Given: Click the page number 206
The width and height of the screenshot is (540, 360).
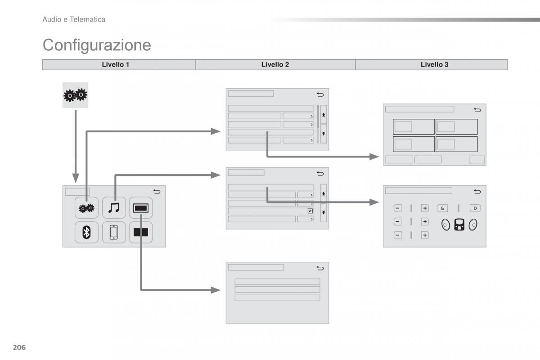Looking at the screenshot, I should tap(20, 347).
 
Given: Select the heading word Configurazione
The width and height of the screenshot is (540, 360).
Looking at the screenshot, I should tap(97, 45).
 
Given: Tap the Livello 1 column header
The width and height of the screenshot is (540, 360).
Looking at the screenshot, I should tap(116, 65).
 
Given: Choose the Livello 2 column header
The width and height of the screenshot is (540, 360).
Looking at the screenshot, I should tap(275, 65).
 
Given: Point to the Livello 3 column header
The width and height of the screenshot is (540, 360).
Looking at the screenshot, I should tap(434, 65).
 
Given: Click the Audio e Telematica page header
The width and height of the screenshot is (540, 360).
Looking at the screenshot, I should tap(74, 19).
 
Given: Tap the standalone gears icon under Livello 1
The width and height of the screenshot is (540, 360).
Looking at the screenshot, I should tap(75, 95).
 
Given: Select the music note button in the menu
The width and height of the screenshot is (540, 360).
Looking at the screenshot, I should tap(114, 207).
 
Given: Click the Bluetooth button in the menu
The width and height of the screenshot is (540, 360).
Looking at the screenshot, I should tap(86, 232).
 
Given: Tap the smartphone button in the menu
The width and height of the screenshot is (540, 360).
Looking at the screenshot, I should tap(114, 232).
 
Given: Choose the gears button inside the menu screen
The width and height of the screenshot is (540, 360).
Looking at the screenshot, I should tap(86, 207).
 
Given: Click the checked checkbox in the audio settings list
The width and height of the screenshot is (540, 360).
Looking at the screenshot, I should tap(310, 211).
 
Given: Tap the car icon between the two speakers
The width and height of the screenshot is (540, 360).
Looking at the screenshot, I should tap(459, 225).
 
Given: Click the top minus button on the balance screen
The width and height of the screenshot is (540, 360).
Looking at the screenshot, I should tap(397, 208).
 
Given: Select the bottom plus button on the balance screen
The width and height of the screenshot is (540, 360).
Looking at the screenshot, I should tap(425, 235).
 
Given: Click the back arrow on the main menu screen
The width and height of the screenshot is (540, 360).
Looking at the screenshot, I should tap(157, 192).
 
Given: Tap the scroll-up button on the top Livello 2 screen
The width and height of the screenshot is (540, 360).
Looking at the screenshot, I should tap(324, 115).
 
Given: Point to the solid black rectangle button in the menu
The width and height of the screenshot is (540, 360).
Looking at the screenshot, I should tap(141, 232).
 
